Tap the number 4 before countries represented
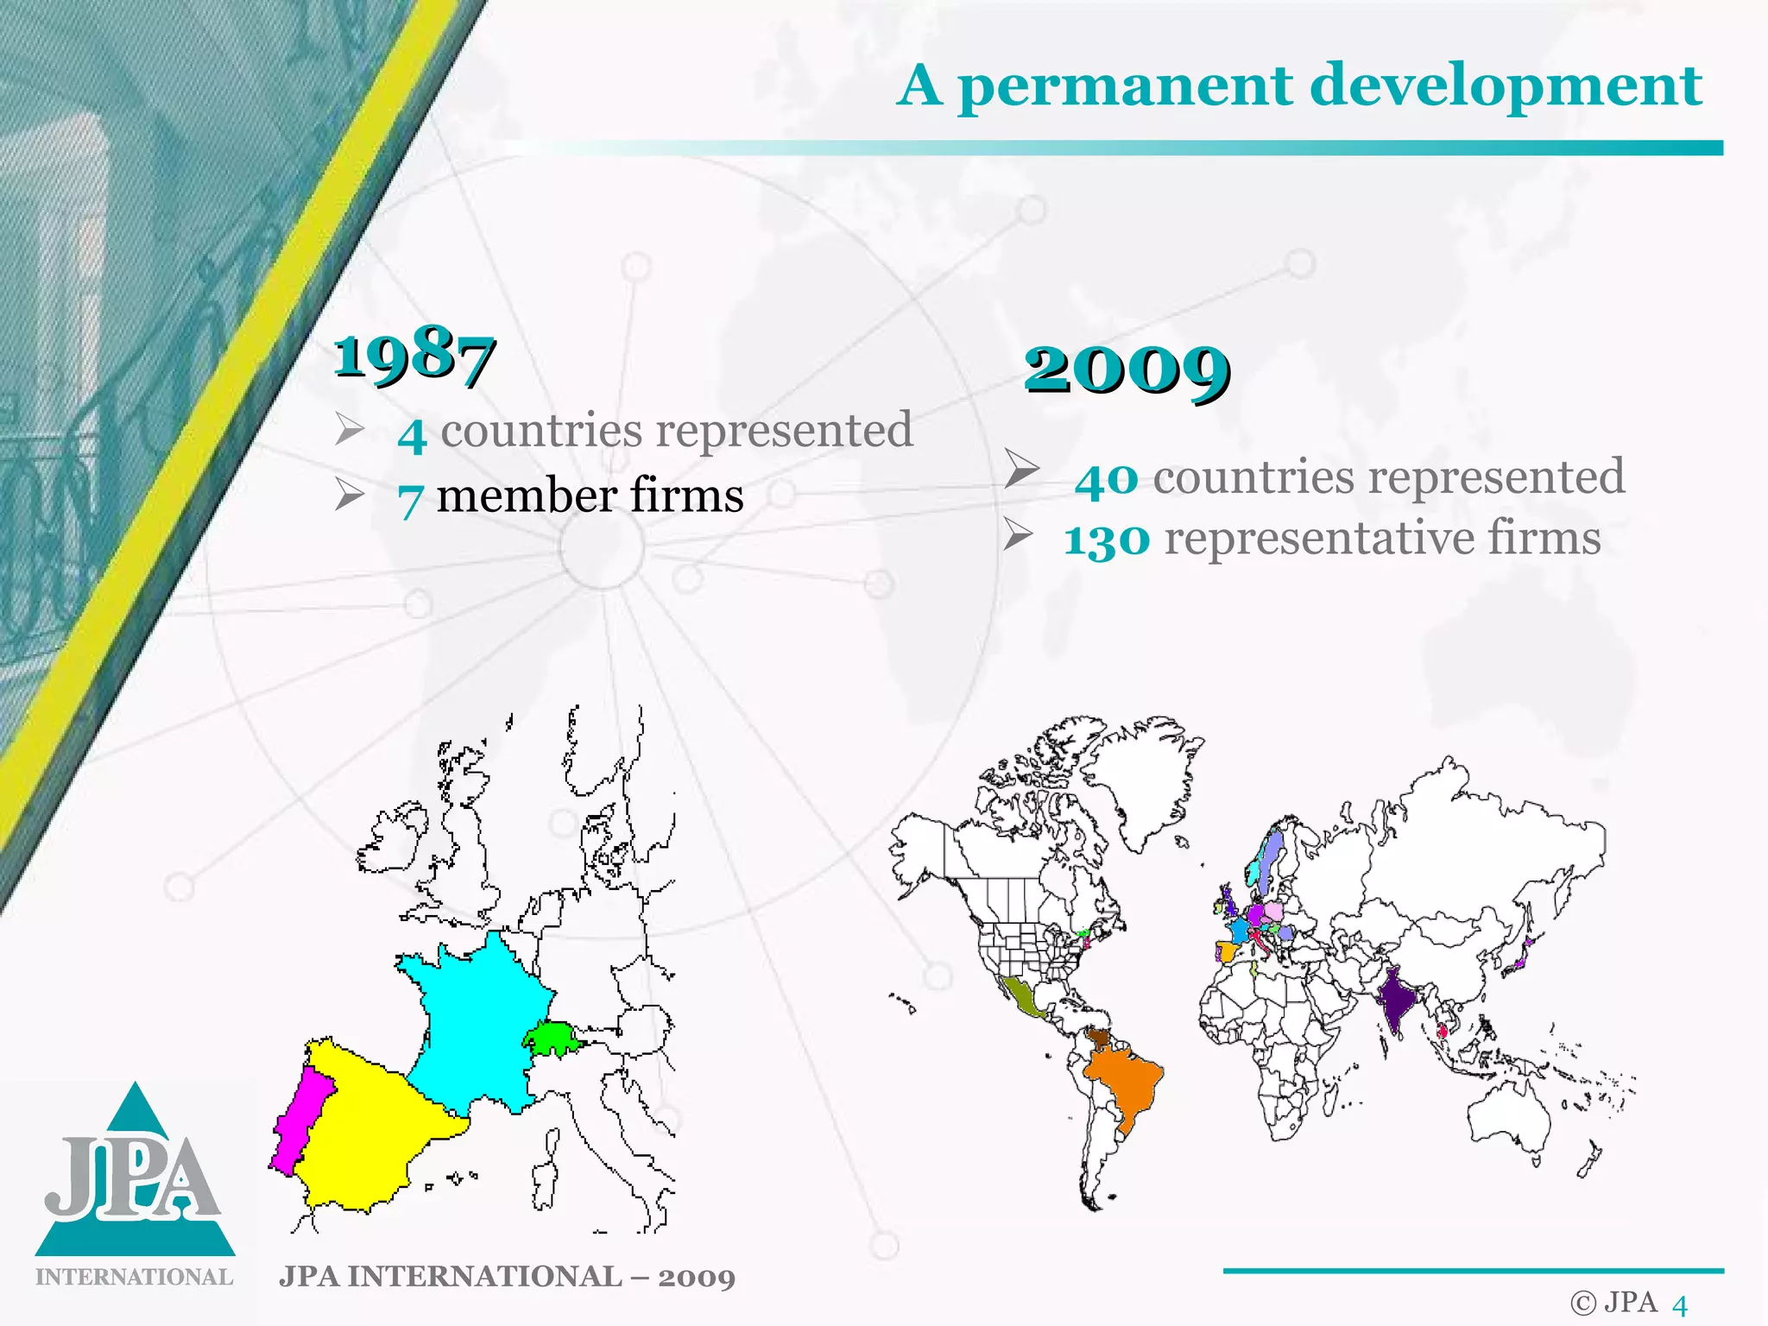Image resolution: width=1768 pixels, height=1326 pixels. coord(412,433)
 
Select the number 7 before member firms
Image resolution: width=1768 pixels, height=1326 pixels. coord(410,499)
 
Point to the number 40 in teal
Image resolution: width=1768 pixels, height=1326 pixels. coord(1107,479)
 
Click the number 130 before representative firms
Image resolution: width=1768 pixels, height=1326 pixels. coord(1107,540)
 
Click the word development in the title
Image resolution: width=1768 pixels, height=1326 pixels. coord(1506,86)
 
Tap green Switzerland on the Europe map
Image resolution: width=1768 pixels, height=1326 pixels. coord(552,1038)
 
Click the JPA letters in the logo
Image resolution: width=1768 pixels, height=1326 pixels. coord(134,1178)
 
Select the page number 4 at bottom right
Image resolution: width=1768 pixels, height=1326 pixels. coord(1679,1305)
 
